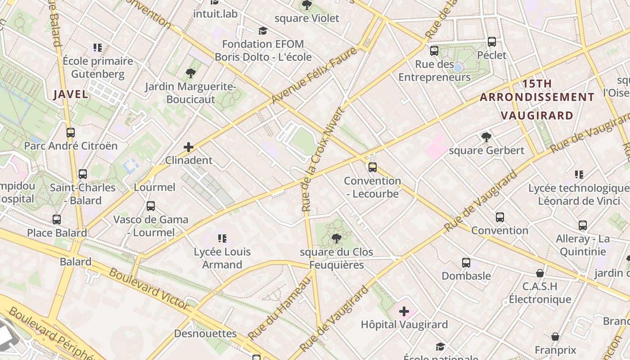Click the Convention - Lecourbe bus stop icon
373,167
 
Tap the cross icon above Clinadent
189,147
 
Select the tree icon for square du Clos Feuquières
336,238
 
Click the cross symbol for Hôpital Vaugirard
404,311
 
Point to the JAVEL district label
71,94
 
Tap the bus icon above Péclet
492,42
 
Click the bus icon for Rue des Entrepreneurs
434,51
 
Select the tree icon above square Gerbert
486,137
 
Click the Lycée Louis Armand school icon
222,238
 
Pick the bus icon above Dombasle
466,262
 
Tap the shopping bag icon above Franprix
556,337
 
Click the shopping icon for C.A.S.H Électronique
540,273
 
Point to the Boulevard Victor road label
148,288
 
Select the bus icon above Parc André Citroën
71,133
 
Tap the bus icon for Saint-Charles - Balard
83,174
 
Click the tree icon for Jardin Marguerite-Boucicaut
190,73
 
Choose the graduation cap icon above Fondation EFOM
263,31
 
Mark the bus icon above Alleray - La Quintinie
583,225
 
